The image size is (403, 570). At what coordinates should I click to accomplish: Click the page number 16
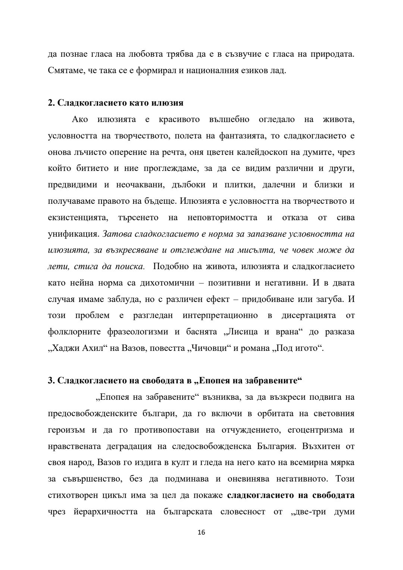[201, 532]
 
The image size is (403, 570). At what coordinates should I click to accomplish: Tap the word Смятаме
[66, 70]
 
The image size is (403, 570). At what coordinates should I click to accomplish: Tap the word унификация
[73, 234]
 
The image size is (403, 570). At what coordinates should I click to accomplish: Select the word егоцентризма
[314, 430]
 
